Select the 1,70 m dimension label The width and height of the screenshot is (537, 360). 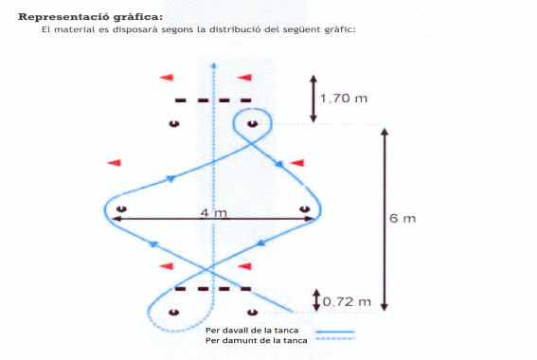point(344,99)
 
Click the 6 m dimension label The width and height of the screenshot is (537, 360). point(403,218)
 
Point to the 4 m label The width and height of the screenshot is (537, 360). point(214,213)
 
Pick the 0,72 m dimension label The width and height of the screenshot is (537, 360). point(347,302)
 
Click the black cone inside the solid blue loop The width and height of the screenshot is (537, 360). point(253,124)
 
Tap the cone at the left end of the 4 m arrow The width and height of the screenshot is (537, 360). point(121,208)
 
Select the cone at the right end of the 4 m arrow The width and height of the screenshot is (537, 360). point(304,209)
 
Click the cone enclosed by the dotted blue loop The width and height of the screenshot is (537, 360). point(174,312)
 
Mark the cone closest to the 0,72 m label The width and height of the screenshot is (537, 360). point(253,312)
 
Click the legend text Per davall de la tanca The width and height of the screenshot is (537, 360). point(252,331)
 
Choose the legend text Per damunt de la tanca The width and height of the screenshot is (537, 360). point(256,340)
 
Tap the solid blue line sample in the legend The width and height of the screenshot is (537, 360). point(335,332)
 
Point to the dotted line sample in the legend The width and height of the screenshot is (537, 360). point(335,339)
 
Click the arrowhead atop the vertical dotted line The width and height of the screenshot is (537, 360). point(214,65)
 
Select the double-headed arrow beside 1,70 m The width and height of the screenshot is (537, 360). point(313,99)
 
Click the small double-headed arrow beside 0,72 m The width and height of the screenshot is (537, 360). point(316,300)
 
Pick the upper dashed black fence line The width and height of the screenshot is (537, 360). point(213,100)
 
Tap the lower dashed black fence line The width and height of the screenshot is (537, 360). point(213,289)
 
